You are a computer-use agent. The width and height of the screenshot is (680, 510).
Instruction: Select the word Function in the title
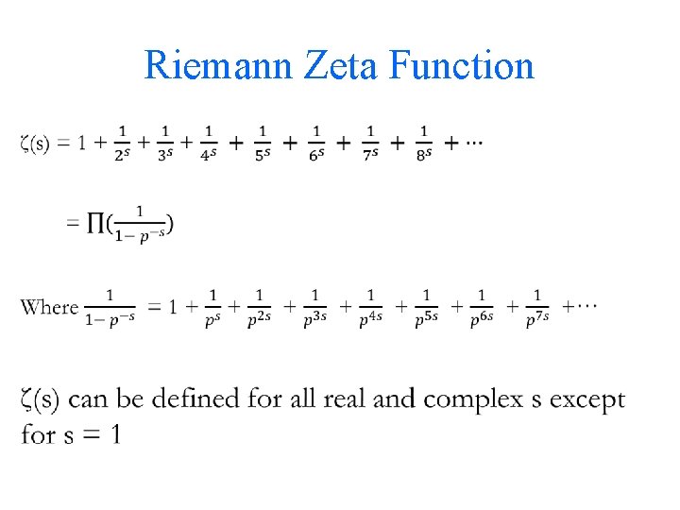462,66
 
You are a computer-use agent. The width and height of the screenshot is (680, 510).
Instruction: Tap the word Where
49,307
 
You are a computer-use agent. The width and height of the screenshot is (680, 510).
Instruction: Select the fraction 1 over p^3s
314,308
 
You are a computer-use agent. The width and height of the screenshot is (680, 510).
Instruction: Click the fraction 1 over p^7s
537,308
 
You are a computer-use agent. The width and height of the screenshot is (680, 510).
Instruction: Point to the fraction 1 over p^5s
426,308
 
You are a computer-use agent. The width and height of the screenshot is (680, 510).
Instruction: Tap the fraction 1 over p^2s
259,308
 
